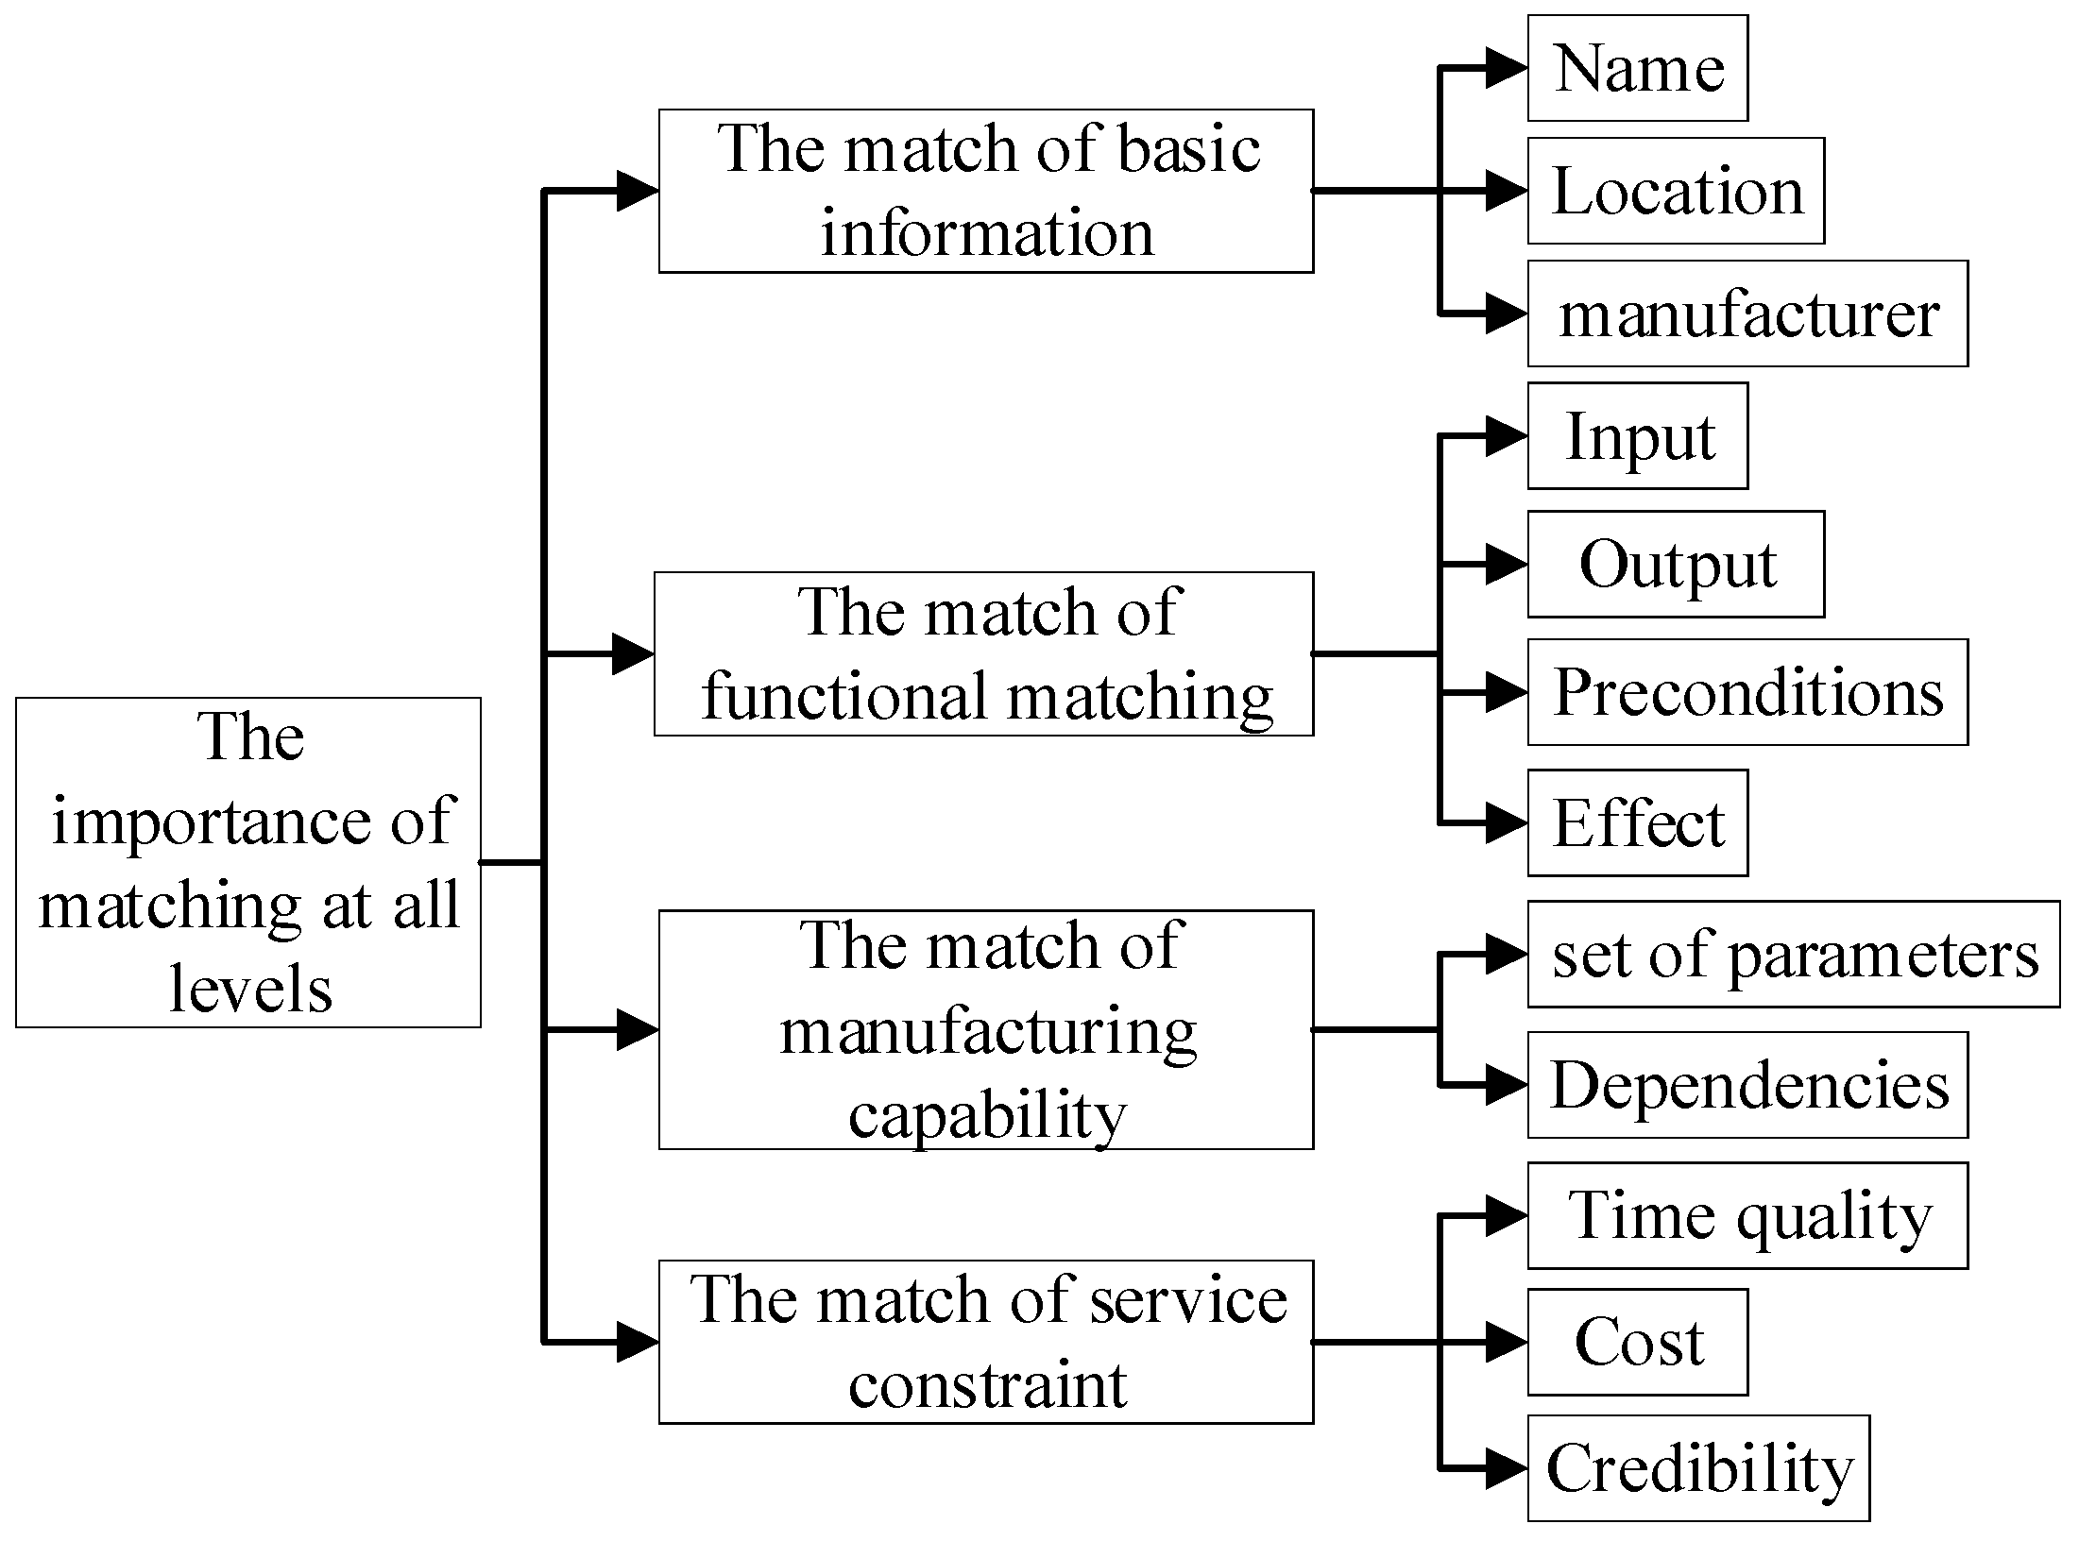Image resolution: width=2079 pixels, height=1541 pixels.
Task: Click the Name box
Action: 1637,68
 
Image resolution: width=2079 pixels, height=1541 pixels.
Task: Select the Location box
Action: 1676,191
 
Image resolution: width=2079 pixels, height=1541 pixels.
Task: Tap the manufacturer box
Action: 1747,313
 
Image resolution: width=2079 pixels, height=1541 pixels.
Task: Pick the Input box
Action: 1637,436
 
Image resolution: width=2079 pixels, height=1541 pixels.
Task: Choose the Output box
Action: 1676,565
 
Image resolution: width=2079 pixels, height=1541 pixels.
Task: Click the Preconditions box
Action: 1747,692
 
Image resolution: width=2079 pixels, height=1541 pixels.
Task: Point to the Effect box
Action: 1637,822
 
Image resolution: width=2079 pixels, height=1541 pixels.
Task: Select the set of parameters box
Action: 1793,955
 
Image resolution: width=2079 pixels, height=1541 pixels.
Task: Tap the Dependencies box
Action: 1747,1085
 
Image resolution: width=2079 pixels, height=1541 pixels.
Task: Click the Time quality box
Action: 1747,1215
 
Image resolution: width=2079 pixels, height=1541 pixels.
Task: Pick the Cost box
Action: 1637,1342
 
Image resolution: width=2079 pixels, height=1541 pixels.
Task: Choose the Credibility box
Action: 1697,1468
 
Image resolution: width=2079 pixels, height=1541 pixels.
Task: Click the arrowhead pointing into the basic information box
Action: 638,191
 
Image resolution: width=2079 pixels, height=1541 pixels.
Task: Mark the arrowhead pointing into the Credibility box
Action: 1506,1469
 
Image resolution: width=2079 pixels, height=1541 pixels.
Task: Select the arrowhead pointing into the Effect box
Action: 1506,823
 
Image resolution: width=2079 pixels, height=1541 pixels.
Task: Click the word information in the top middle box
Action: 986,232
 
